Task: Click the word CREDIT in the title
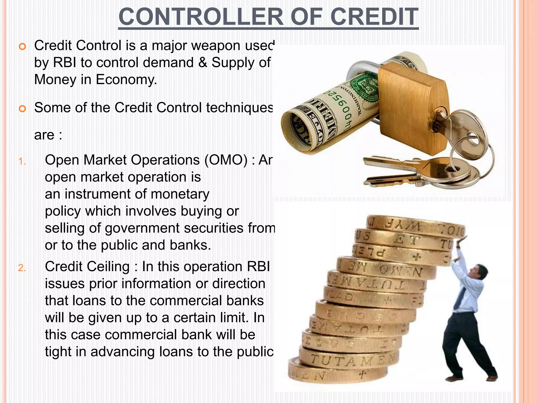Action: coord(374,17)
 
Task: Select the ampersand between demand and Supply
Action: coord(203,63)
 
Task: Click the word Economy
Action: coord(126,79)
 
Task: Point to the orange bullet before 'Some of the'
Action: coord(23,109)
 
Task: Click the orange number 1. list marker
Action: coord(22,161)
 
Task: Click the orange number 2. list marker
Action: coord(22,268)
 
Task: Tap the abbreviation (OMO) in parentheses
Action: coord(226,160)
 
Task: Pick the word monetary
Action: coord(180,194)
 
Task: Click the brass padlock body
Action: coord(412,110)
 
